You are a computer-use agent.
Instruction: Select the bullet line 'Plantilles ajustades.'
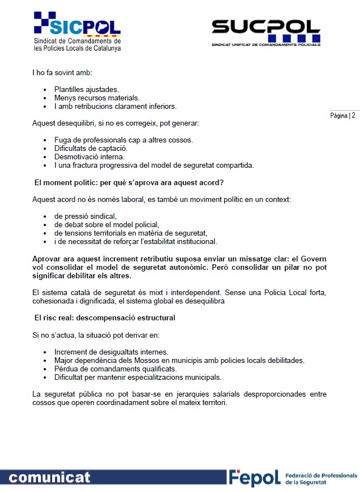86,89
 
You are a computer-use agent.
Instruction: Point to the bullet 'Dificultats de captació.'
91,148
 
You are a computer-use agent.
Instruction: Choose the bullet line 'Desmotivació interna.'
89,157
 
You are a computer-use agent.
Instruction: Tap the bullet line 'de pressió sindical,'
85,216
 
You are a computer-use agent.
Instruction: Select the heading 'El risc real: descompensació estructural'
105,318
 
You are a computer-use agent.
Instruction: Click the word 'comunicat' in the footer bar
49,477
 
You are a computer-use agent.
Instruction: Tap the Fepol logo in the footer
254,477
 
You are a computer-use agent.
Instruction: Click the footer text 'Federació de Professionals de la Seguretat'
321,478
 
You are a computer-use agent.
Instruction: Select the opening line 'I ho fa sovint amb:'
62,72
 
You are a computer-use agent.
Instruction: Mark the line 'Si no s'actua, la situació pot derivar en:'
96,335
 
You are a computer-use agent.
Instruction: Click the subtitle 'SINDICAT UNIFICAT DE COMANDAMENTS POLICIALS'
266,43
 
